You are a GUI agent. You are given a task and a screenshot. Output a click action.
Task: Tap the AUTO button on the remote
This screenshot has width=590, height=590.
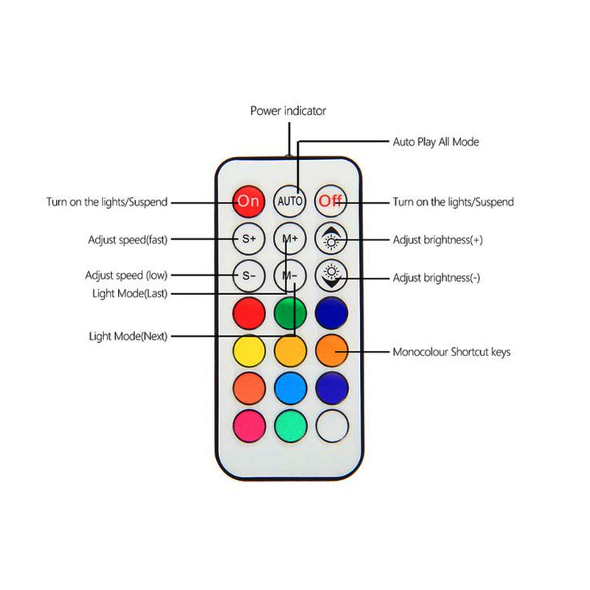coord(290,201)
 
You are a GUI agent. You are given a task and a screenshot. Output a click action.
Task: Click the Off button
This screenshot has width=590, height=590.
coord(330,201)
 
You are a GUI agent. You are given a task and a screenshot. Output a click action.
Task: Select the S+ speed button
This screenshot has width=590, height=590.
coord(249,238)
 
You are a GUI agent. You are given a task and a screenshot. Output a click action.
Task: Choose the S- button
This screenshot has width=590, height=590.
coord(249,276)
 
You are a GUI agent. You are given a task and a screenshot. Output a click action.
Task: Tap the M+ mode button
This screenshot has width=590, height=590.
coord(290,238)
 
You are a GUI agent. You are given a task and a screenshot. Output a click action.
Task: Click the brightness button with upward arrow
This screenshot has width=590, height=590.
coord(331,238)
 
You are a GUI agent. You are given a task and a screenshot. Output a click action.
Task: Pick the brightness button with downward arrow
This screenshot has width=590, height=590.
coord(331,276)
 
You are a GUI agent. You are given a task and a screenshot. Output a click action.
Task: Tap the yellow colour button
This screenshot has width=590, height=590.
coord(249,351)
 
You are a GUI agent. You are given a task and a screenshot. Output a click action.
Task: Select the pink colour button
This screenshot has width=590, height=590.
coord(249,426)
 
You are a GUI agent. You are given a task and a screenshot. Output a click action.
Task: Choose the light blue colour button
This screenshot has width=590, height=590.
coord(291,389)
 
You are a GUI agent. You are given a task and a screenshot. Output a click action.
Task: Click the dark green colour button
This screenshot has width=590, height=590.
coord(290,313)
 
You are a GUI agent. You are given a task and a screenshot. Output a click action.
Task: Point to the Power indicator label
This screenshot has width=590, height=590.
coord(288,111)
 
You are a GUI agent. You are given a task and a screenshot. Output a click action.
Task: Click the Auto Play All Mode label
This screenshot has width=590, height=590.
coord(436,142)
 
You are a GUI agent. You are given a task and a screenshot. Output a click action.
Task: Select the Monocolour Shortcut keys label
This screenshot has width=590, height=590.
coord(451,352)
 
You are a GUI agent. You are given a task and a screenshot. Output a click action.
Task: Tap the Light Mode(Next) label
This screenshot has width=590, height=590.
coord(128,336)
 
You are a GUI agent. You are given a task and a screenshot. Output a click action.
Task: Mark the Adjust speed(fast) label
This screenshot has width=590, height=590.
coord(128,240)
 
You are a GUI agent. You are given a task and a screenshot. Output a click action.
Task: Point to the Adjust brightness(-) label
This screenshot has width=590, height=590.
coord(437,278)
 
